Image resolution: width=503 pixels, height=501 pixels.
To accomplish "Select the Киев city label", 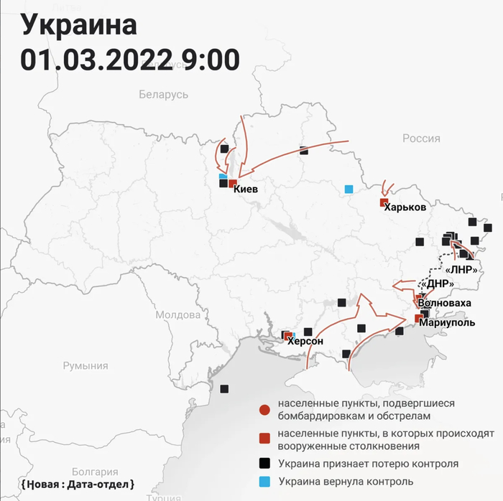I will tap(246, 189).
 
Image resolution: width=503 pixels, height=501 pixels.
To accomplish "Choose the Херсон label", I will tap(305, 342).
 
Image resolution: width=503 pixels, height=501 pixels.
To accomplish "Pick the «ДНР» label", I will tap(438, 284).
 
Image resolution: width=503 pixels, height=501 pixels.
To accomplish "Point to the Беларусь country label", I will tap(163, 95).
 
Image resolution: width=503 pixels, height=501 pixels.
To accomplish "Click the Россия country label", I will tap(421, 139).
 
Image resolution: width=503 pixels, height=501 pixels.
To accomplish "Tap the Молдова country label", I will tap(177, 315).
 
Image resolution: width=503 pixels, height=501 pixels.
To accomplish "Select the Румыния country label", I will tap(85, 366).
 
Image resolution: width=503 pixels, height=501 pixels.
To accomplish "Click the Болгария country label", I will tap(95, 472).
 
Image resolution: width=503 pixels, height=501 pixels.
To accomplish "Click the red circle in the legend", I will tap(264, 410).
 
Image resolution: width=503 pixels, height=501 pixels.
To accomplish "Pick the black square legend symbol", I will tap(264, 464).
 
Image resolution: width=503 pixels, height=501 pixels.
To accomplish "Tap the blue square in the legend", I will tap(264, 481).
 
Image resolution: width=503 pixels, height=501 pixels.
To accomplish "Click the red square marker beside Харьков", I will tap(384, 203).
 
